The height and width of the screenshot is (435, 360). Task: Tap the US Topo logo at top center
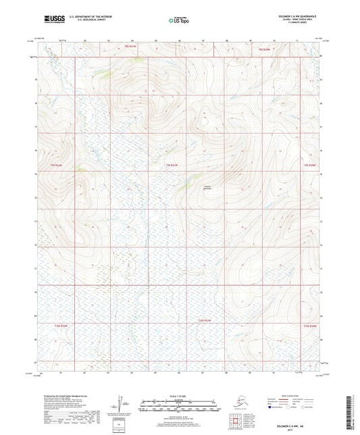[179, 19]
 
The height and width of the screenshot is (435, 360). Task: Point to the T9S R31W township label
[172, 164]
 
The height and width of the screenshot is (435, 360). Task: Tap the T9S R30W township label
[310, 164]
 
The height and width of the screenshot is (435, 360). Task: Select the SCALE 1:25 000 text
[179, 394]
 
